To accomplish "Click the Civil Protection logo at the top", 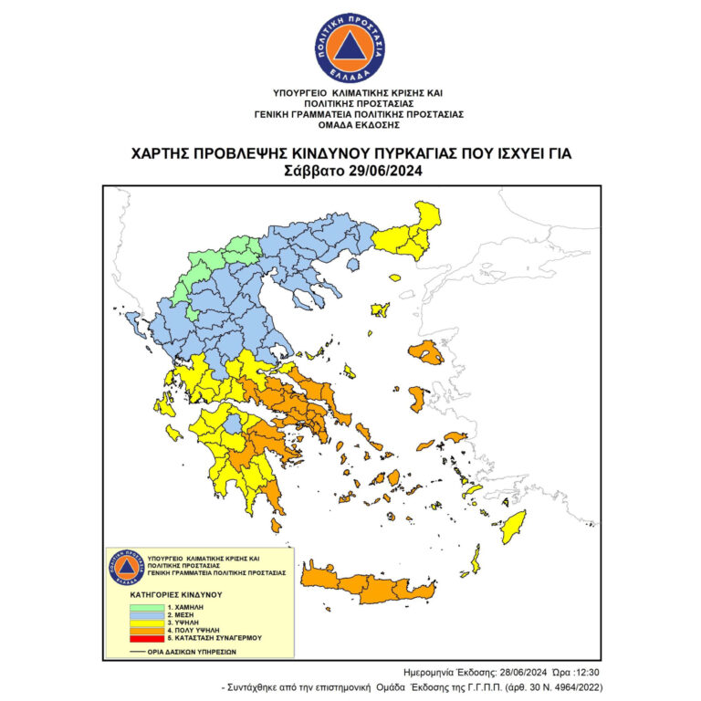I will pos(350,49).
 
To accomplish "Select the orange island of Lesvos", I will pos(425,352).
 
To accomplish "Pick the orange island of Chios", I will pos(415,398).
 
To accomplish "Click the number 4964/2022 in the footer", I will pos(570,686).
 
